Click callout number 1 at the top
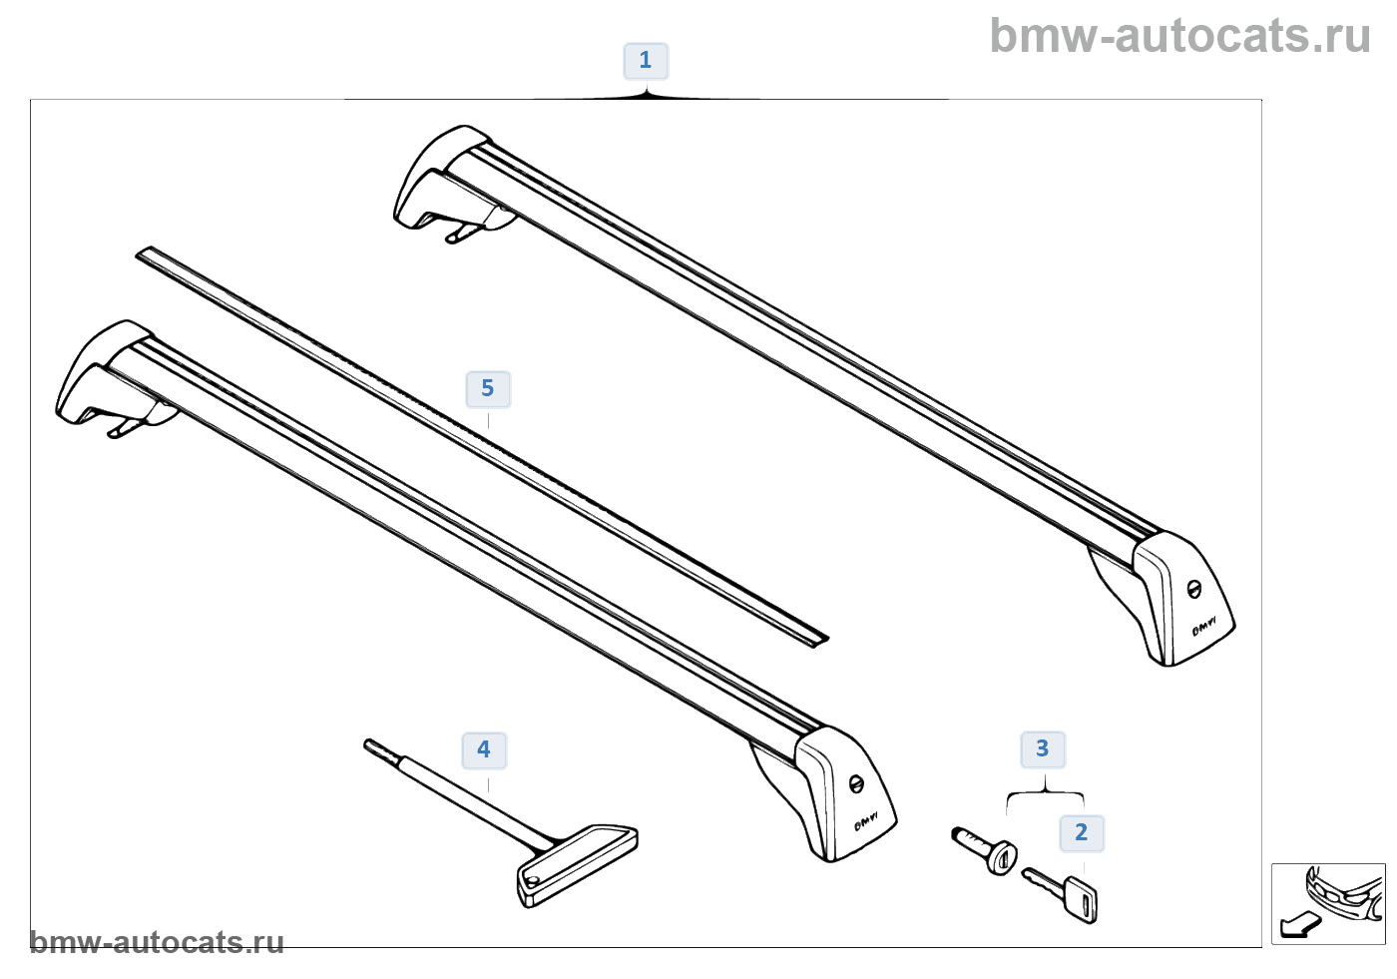[646, 61]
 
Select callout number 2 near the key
[1082, 833]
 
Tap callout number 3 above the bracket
[1043, 749]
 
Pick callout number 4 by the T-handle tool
[484, 750]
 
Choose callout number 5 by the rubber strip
[488, 389]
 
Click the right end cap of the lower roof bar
[848, 793]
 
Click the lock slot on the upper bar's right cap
[1193, 589]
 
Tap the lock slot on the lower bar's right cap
[856, 783]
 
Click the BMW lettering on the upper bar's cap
[1205, 627]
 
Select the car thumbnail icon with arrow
[1328, 903]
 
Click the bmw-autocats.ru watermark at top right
[1180, 36]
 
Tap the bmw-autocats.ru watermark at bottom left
[157, 942]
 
